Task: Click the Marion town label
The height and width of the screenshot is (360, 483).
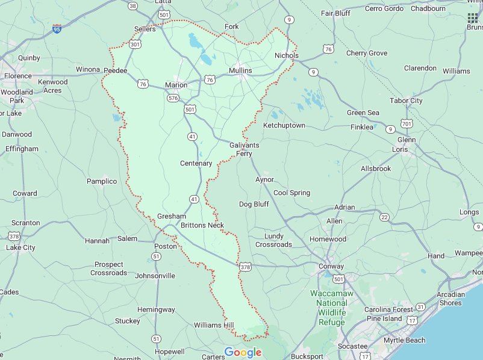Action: [x=176, y=85]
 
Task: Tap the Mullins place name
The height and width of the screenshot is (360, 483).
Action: [x=240, y=70]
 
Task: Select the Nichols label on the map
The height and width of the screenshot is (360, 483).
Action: [x=286, y=55]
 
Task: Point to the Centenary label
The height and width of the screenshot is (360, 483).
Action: [x=196, y=163]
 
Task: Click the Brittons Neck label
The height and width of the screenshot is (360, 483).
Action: [x=202, y=225]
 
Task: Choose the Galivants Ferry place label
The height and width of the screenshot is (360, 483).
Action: [x=243, y=149]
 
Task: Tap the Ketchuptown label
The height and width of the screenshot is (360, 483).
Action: [x=284, y=125]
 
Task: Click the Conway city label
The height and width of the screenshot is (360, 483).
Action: [x=331, y=266]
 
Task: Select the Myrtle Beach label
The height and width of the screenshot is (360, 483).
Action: [x=404, y=340]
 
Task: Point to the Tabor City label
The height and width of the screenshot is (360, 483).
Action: [x=406, y=101]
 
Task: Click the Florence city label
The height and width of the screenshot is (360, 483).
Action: [x=17, y=76]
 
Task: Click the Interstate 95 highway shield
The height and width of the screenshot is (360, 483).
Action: [x=57, y=28]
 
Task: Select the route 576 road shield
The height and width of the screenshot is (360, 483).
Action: [x=173, y=98]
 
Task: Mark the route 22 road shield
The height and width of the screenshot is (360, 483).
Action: [x=385, y=217]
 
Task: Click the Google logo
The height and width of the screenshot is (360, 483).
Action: [x=243, y=352]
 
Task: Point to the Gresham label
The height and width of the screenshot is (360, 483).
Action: [x=171, y=216]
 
